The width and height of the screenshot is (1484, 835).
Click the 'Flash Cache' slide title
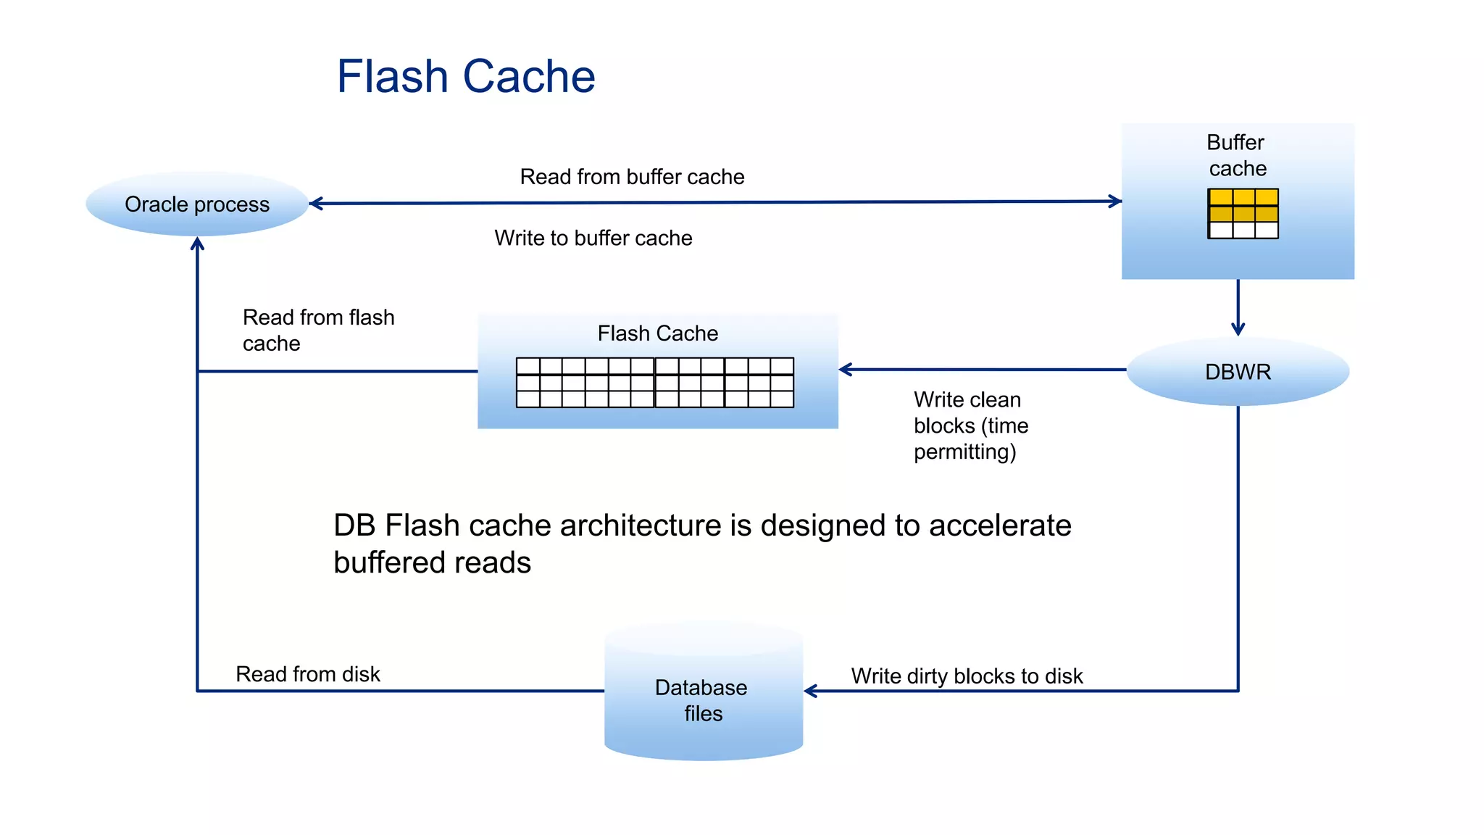(x=465, y=77)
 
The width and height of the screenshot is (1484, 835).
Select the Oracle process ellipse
(x=196, y=204)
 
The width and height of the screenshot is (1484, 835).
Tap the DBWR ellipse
(x=1238, y=372)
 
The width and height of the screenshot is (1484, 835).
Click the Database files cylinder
(x=703, y=696)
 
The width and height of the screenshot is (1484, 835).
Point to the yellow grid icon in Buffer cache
(x=1243, y=213)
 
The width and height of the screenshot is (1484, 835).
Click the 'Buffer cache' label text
(x=1237, y=155)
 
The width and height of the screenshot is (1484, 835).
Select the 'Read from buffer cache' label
(x=632, y=177)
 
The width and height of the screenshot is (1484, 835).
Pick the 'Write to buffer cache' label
(x=593, y=238)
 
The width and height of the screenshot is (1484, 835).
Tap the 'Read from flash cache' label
(x=317, y=331)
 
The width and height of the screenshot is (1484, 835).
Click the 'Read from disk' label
(x=307, y=674)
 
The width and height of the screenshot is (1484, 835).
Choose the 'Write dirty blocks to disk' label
(x=966, y=676)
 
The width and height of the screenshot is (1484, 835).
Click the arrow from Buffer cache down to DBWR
(x=1238, y=307)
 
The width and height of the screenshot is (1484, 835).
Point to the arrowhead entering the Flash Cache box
(x=846, y=370)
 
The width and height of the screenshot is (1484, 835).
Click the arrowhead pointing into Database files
(x=811, y=691)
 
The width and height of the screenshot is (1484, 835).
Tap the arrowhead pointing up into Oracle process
(x=197, y=244)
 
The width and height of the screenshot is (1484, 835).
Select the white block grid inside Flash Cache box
(x=654, y=382)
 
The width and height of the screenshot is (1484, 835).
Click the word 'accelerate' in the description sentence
(x=999, y=525)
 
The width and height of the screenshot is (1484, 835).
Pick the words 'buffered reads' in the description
(x=432, y=563)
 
